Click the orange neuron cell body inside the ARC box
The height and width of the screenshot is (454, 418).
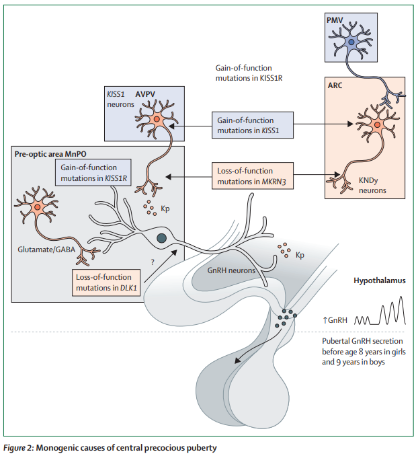377,126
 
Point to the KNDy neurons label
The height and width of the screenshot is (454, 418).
373,185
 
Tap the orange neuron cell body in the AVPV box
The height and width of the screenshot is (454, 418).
156,120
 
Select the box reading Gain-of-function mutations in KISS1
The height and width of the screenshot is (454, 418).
253,124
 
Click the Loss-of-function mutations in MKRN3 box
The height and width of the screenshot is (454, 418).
253,176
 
